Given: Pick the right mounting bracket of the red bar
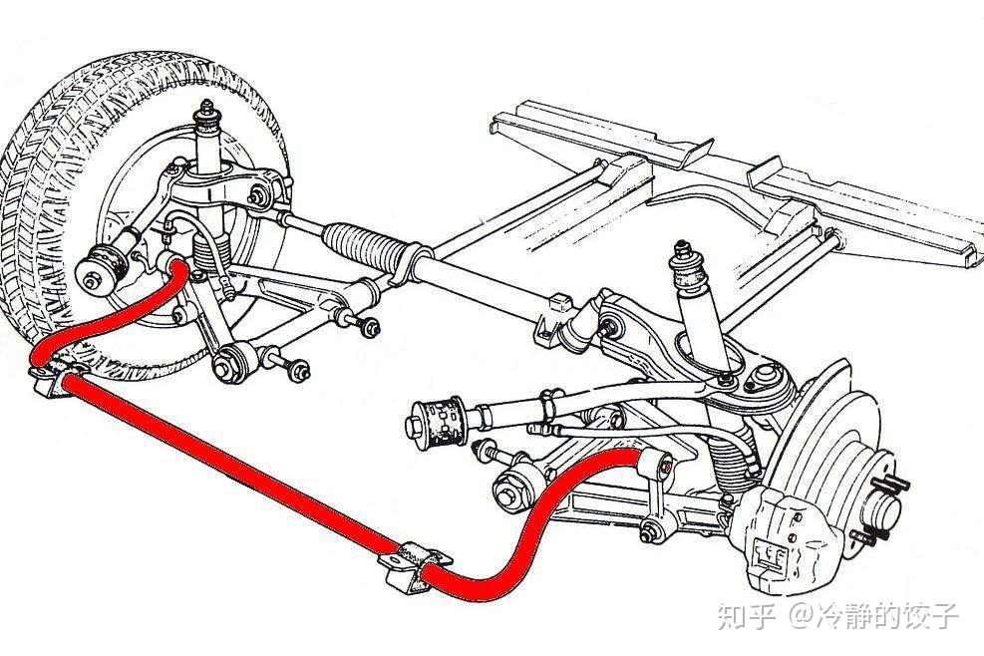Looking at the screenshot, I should (411, 564).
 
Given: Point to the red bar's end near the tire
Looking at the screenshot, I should (177, 266).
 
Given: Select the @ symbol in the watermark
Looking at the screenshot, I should (806, 616).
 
